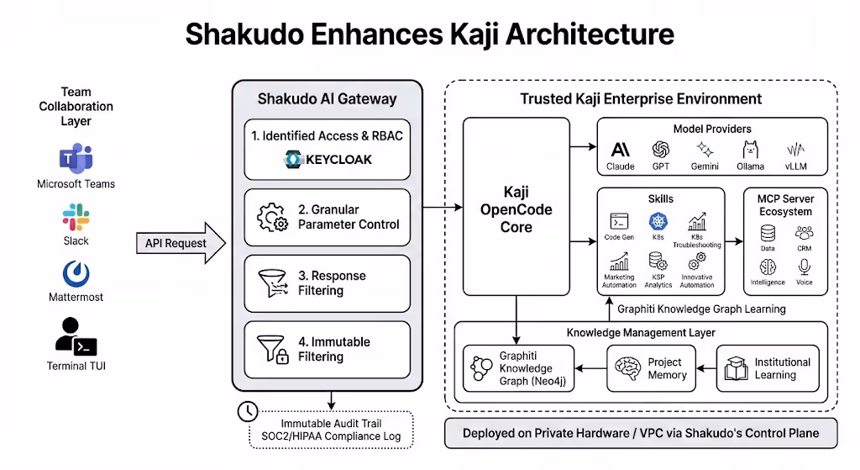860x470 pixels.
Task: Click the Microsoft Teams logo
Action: pos(76,158)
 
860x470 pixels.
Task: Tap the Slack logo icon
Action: pos(76,217)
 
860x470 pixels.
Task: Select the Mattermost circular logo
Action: pos(76,273)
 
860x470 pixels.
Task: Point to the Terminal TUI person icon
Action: pos(76,336)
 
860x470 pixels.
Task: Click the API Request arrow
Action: pos(181,243)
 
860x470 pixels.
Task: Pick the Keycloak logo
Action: pos(292,159)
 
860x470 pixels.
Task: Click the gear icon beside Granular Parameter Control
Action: pos(272,218)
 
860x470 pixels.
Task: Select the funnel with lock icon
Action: pos(273,349)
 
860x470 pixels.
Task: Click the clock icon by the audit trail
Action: pos(248,411)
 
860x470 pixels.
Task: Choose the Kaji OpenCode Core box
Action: pos(517,207)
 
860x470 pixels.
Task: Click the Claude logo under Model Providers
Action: pos(621,150)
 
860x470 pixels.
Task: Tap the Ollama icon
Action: pos(750,150)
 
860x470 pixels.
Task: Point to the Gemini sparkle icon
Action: pos(705,150)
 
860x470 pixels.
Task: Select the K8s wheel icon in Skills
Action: pos(658,221)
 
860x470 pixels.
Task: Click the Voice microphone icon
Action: pos(804,267)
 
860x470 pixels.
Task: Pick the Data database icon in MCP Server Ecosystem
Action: pos(768,234)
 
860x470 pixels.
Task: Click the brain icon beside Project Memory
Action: pos(628,368)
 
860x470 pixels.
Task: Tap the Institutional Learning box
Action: pos(768,368)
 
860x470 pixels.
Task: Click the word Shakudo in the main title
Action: pos(244,34)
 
